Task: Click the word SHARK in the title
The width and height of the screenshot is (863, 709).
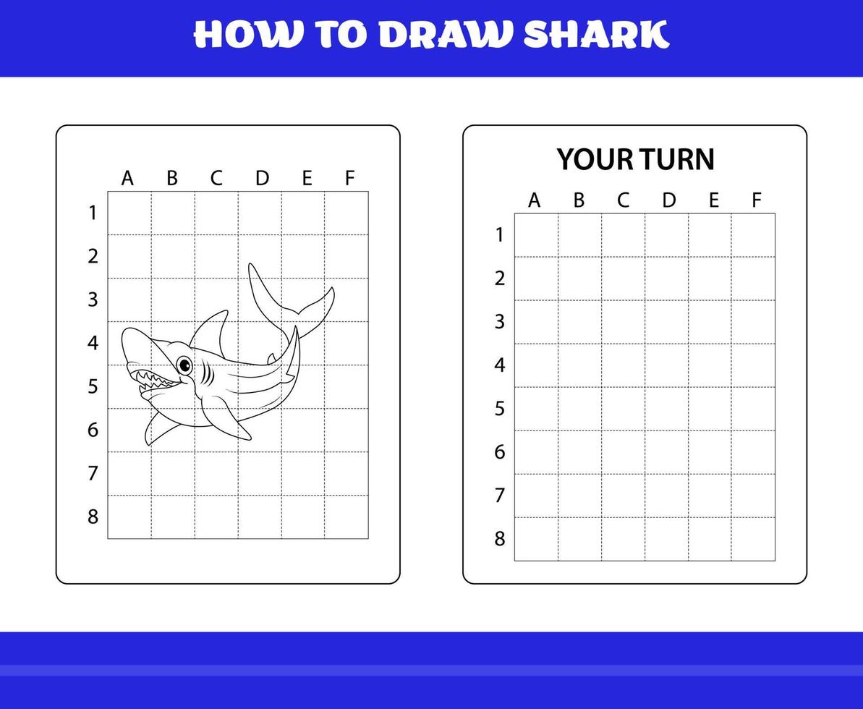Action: [596, 35]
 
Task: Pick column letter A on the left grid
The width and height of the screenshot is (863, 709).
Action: [127, 178]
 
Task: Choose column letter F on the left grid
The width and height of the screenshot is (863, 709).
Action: [350, 178]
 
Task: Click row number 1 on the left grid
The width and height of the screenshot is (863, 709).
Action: [93, 213]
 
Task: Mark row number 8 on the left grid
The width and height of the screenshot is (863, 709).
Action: [93, 517]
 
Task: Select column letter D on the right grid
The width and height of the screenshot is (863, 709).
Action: [668, 200]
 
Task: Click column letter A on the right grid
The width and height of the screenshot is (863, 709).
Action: [534, 200]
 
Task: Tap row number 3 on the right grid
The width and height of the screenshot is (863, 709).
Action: [499, 322]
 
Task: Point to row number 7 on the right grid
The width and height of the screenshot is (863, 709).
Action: [499, 496]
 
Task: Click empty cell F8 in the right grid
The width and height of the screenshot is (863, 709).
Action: [753, 539]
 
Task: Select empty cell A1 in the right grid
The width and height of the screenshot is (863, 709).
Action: [536, 235]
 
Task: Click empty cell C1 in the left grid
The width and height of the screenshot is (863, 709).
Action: [216, 213]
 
